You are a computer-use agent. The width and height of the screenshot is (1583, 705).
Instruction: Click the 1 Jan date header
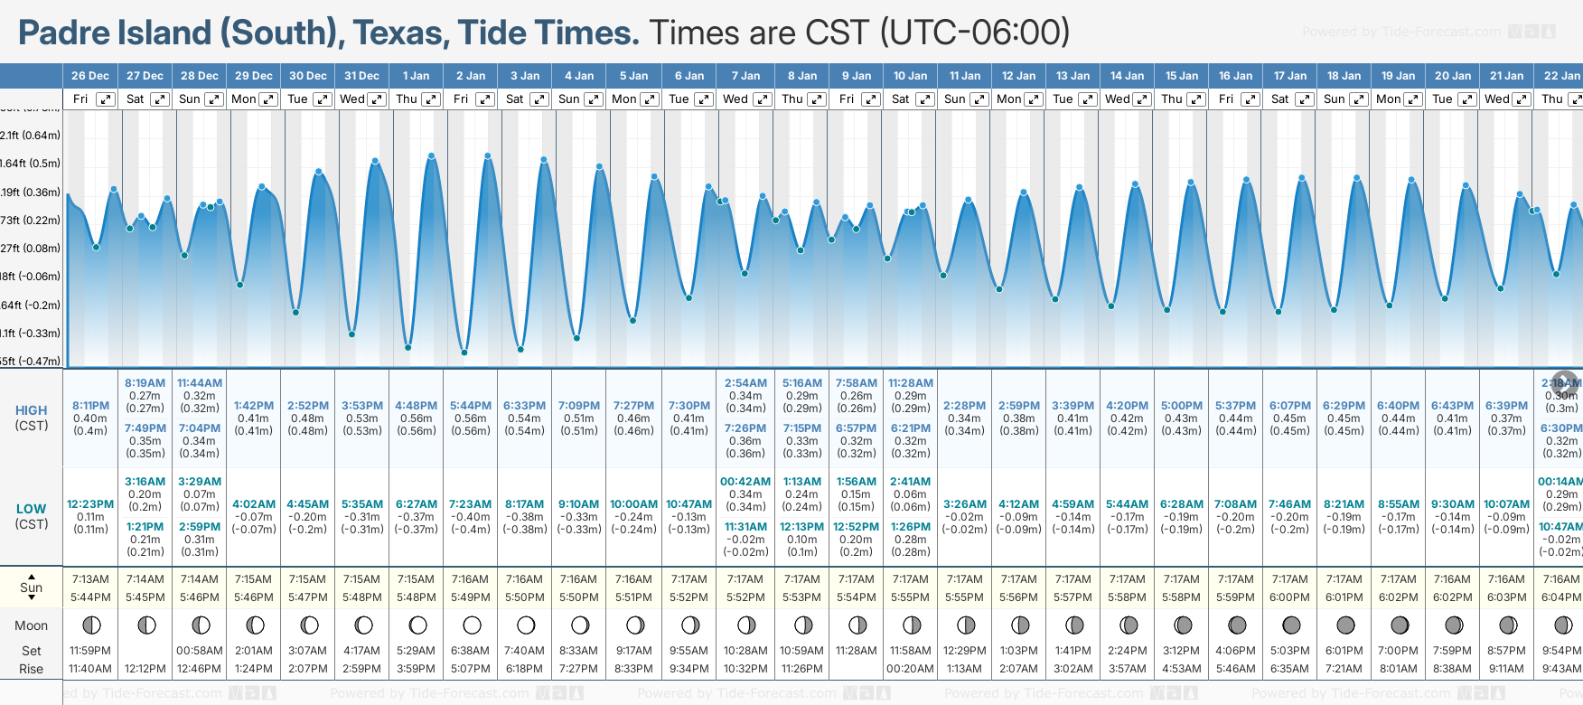(417, 76)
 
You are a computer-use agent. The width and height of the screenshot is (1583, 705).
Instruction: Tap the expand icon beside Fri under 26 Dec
(106, 99)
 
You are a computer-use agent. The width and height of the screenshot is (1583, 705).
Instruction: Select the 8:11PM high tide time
(90, 406)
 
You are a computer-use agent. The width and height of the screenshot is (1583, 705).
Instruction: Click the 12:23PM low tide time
(90, 504)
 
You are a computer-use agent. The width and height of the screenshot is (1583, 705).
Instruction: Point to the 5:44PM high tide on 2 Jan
(471, 406)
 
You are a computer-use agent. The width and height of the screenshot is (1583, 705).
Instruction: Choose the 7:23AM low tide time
(471, 504)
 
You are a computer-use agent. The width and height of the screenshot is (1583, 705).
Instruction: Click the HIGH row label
(32, 410)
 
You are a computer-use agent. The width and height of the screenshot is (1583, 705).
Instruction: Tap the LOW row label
(32, 509)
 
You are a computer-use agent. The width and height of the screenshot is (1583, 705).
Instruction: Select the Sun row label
(32, 587)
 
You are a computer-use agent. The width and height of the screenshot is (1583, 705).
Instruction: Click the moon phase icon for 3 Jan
(526, 625)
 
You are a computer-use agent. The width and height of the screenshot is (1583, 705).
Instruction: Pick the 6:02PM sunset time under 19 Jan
(1399, 597)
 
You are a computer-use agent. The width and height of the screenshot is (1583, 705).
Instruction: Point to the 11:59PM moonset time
(90, 651)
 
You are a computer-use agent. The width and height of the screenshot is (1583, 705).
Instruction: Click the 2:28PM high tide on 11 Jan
(965, 406)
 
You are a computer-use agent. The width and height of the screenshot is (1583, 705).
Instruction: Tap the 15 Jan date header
(1182, 76)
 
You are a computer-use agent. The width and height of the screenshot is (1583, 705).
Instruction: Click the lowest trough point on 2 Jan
(464, 352)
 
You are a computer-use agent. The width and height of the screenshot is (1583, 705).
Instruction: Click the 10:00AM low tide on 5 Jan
(633, 504)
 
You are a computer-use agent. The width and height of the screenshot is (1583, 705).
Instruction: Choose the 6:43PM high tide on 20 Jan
(1453, 406)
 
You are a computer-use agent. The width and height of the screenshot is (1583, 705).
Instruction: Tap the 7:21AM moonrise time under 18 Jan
(1344, 669)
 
